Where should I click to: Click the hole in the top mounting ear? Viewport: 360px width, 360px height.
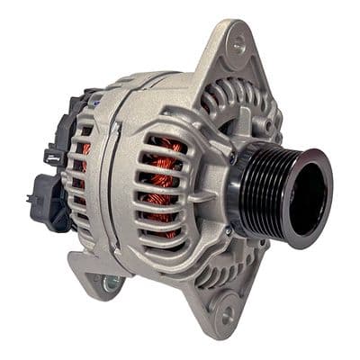pyautogui.click(x=238, y=40)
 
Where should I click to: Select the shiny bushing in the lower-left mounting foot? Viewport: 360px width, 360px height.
pyautogui.click(x=112, y=283)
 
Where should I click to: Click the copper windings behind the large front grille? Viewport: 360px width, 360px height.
pyautogui.click(x=162, y=180)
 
